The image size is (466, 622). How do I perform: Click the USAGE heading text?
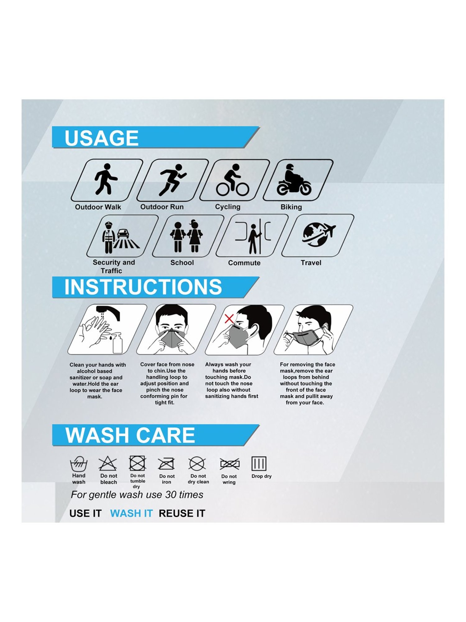pyautogui.click(x=101, y=138)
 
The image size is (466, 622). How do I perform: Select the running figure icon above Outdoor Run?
pyautogui.click(x=172, y=180)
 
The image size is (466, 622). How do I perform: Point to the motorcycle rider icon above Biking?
pyautogui.click(x=294, y=180)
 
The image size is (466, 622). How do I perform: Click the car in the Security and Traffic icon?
pyautogui.click(x=123, y=234)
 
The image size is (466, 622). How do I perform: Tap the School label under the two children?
pyautogui.click(x=182, y=262)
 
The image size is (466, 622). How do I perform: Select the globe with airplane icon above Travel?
pyautogui.click(x=318, y=234)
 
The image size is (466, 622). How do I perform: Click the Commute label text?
pyautogui.click(x=244, y=263)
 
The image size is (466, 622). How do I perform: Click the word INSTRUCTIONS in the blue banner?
pyautogui.click(x=143, y=287)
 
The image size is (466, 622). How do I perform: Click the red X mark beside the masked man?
pyautogui.click(x=229, y=318)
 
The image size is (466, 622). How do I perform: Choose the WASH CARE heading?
pyautogui.click(x=130, y=435)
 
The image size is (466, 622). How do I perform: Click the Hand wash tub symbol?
pyautogui.click(x=79, y=464)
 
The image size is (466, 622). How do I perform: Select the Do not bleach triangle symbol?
pyautogui.click(x=108, y=463)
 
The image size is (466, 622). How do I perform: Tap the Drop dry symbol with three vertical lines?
pyautogui.click(x=259, y=464)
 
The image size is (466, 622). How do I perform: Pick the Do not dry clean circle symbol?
pyautogui.click(x=197, y=464)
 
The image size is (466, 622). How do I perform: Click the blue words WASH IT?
pyautogui.click(x=131, y=513)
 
